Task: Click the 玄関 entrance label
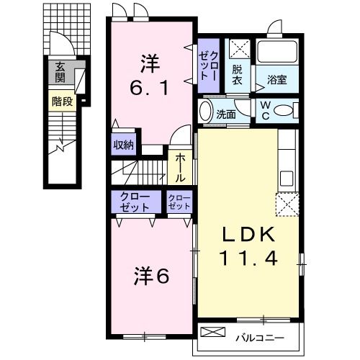pos(58,73)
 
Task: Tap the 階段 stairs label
pos(62,102)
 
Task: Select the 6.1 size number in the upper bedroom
pos(150,89)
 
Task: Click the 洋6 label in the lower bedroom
pos(152,275)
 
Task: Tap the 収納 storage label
pos(123,144)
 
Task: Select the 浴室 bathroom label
pos(278,80)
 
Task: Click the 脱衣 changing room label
pos(238,75)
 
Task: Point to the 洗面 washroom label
pos(226,113)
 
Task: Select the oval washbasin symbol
pos(204,112)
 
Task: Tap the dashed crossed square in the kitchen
pos(287,204)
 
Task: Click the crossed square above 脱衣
pos(238,49)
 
